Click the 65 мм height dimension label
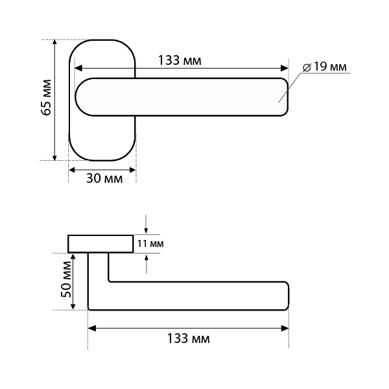tap(46, 97)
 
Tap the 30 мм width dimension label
tap(104, 178)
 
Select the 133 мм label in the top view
tap(180, 60)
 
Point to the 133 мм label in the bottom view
tap(188, 338)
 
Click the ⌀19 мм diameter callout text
tap(325, 67)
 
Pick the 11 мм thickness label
tap(150, 244)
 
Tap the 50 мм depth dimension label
tap(66, 279)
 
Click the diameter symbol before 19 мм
tap(307, 67)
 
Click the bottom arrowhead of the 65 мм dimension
tap(55, 157)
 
